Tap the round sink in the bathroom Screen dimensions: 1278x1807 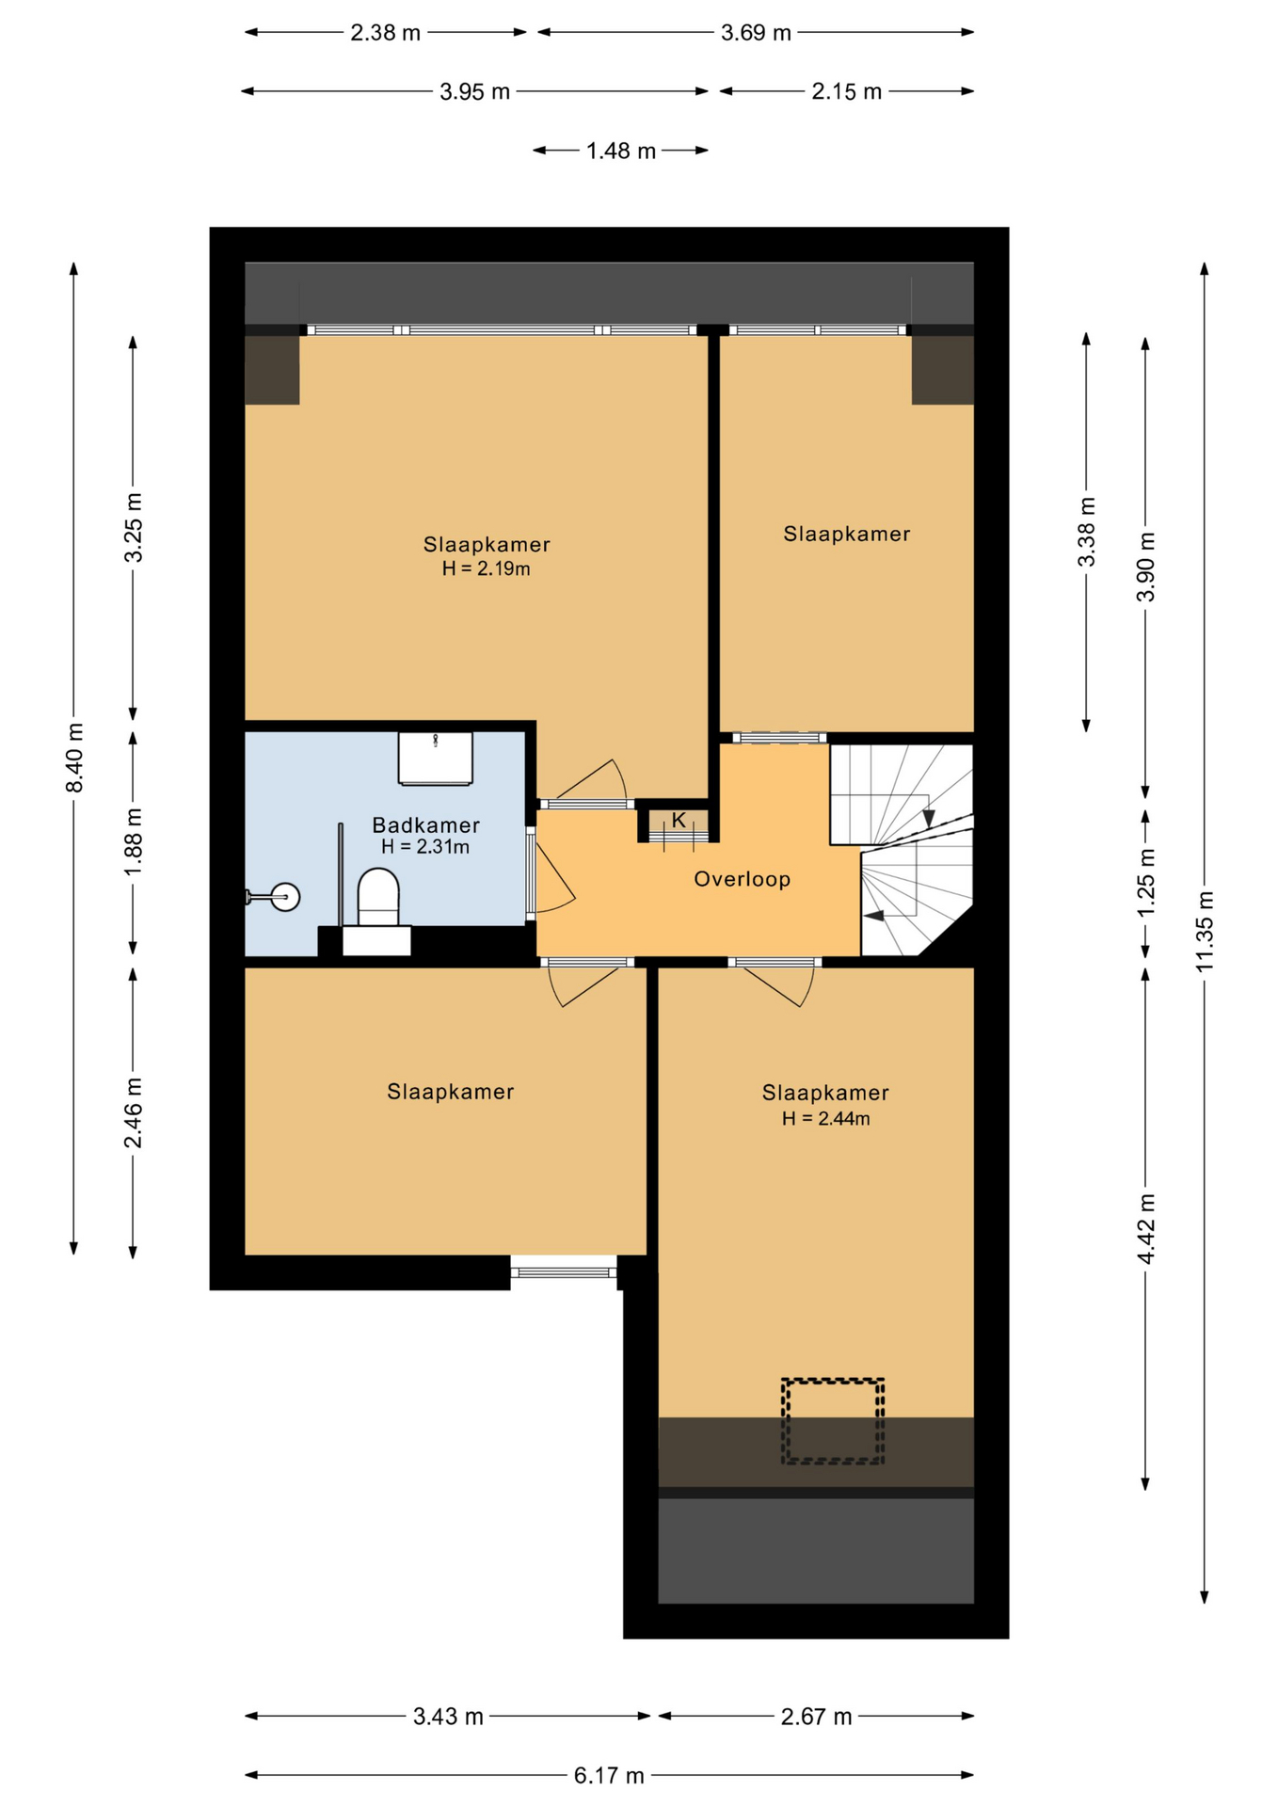click(284, 897)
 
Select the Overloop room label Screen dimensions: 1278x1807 click(743, 879)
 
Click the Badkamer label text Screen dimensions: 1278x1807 click(426, 825)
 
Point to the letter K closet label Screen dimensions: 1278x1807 click(679, 820)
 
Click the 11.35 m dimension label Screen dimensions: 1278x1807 click(1205, 931)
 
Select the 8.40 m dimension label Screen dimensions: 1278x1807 click(74, 758)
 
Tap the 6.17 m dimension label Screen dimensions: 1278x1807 click(609, 1775)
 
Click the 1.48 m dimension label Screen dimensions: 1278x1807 click(621, 151)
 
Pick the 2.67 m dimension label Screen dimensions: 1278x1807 click(816, 1716)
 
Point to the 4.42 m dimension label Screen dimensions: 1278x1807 click(1145, 1229)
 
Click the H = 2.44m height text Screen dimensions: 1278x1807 click(825, 1118)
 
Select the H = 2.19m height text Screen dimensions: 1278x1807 click(486, 568)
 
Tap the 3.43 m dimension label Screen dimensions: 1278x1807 click(448, 1716)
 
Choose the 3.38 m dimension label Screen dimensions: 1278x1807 click(1086, 532)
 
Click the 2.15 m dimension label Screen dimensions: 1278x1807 click(847, 91)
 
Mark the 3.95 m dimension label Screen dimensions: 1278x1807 click(474, 91)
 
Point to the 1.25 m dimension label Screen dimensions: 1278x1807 click(1145, 882)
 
